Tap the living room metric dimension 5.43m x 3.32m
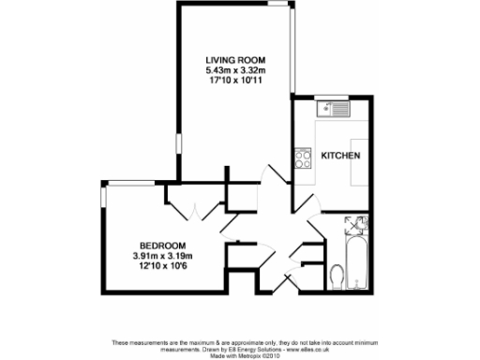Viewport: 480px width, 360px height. tap(235, 68)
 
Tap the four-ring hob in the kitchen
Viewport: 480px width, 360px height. tap(304, 159)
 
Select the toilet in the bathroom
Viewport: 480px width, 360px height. tap(337, 275)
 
